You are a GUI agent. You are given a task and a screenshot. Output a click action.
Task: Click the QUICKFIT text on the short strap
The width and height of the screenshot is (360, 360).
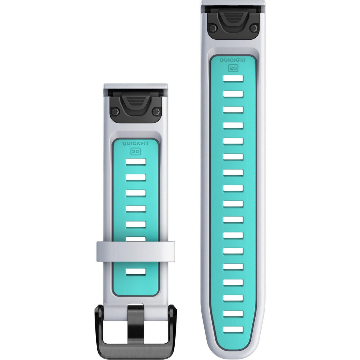tap(136, 144)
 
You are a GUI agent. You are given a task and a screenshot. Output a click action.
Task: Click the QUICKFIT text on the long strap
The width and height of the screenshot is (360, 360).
tap(233, 60)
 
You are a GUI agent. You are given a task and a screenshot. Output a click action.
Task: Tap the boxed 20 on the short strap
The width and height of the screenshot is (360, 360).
tap(136, 151)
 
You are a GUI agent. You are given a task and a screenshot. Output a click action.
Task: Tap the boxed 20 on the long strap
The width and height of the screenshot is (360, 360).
tap(233, 68)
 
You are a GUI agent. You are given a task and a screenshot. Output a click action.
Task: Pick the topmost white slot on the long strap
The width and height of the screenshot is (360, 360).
tap(233, 78)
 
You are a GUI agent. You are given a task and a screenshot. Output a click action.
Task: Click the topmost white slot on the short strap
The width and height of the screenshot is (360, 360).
tap(136, 162)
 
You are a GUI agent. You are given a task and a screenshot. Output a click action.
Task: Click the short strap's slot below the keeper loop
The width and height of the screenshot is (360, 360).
tap(136, 272)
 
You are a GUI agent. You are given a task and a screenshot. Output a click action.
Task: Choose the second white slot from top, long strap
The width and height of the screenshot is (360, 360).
tap(233, 94)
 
